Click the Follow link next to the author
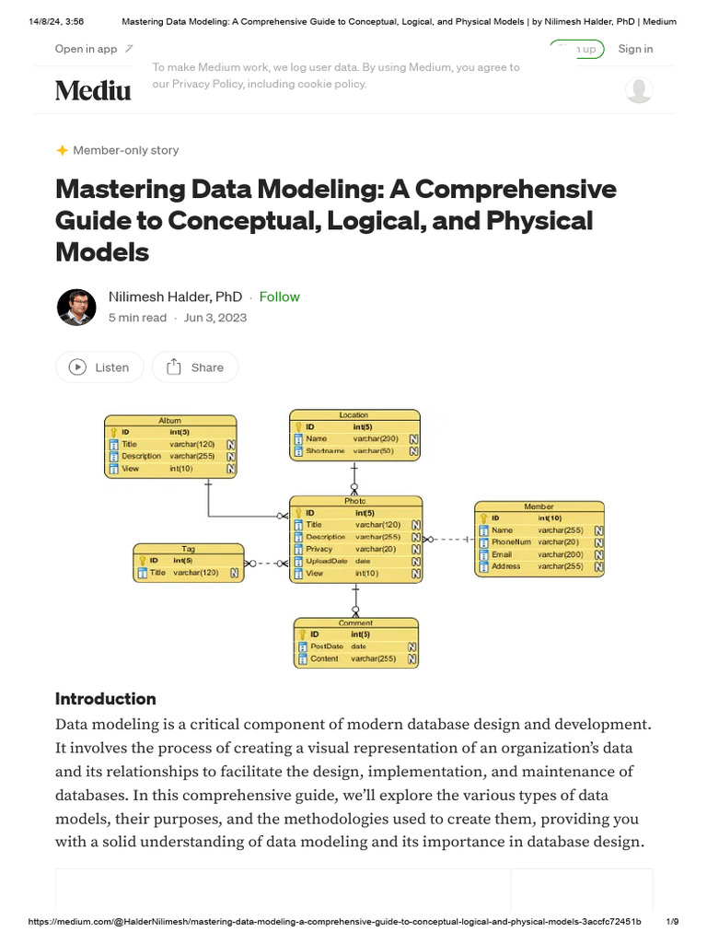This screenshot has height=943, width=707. click(279, 297)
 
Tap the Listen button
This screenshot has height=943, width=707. click(99, 367)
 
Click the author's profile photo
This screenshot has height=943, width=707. click(75, 307)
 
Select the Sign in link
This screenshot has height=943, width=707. click(635, 49)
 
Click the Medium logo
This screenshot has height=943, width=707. click(93, 90)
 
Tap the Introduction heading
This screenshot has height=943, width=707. click(106, 699)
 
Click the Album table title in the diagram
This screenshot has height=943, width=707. click(170, 420)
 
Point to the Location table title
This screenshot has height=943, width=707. click(353, 415)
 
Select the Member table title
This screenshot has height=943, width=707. click(539, 506)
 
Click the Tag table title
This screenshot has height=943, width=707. click(188, 549)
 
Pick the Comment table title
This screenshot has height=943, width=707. click(355, 623)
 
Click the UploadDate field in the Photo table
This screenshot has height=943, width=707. click(327, 561)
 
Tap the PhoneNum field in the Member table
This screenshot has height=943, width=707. click(511, 542)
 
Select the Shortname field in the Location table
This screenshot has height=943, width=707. click(325, 451)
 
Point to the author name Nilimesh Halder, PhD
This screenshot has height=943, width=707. click(175, 297)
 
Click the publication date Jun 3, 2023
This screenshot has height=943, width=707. click(215, 318)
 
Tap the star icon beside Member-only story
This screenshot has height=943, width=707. click(62, 150)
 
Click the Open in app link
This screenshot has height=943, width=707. click(86, 49)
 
